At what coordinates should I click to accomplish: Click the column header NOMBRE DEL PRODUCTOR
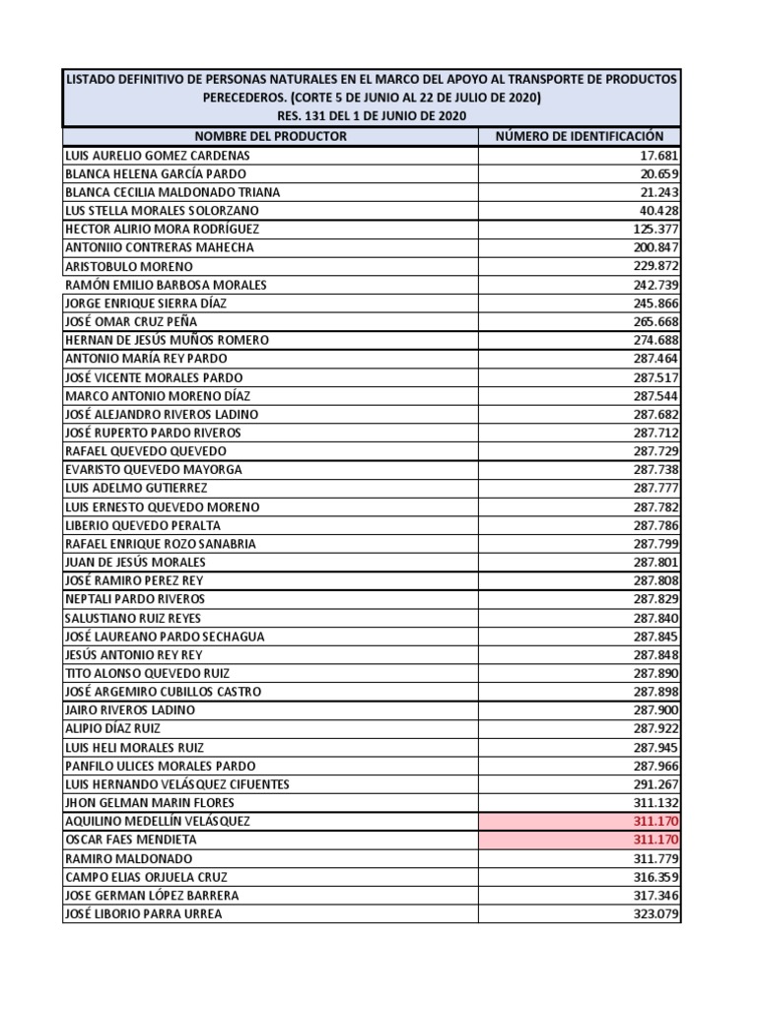point(270,137)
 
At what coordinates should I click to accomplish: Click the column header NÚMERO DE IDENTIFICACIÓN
point(580,137)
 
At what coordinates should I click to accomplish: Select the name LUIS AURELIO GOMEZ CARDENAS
point(157,156)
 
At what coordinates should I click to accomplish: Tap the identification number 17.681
point(658,156)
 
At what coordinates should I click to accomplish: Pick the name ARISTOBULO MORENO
point(128,266)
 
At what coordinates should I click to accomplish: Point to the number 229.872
point(655,266)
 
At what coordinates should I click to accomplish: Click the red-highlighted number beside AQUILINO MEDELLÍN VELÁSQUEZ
point(655,821)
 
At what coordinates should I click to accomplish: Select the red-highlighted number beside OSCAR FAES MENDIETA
point(655,840)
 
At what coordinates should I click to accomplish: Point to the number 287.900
point(655,710)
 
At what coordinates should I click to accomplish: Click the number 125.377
point(655,229)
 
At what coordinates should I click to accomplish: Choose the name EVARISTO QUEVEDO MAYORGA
point(153,470)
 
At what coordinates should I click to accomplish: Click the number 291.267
point(655,784)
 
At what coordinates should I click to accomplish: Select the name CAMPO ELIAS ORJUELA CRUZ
point(146,877)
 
